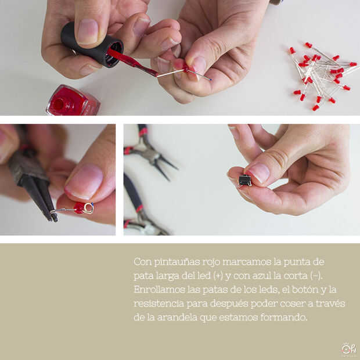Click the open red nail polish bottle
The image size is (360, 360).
[73, 101]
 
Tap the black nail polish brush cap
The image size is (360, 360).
[92, 45]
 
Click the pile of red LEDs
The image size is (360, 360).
[322, 75]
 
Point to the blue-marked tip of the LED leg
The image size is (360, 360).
[210, 79]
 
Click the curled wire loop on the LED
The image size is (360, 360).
[89, 208]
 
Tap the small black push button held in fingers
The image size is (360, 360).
[245, 180]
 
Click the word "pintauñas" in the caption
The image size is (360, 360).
[177, 262]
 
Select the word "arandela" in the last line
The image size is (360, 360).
[177, 317]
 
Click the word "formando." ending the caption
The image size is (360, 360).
[284, 317]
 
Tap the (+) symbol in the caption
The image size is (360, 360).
[218, 275]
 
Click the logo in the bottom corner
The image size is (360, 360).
[348, 349]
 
